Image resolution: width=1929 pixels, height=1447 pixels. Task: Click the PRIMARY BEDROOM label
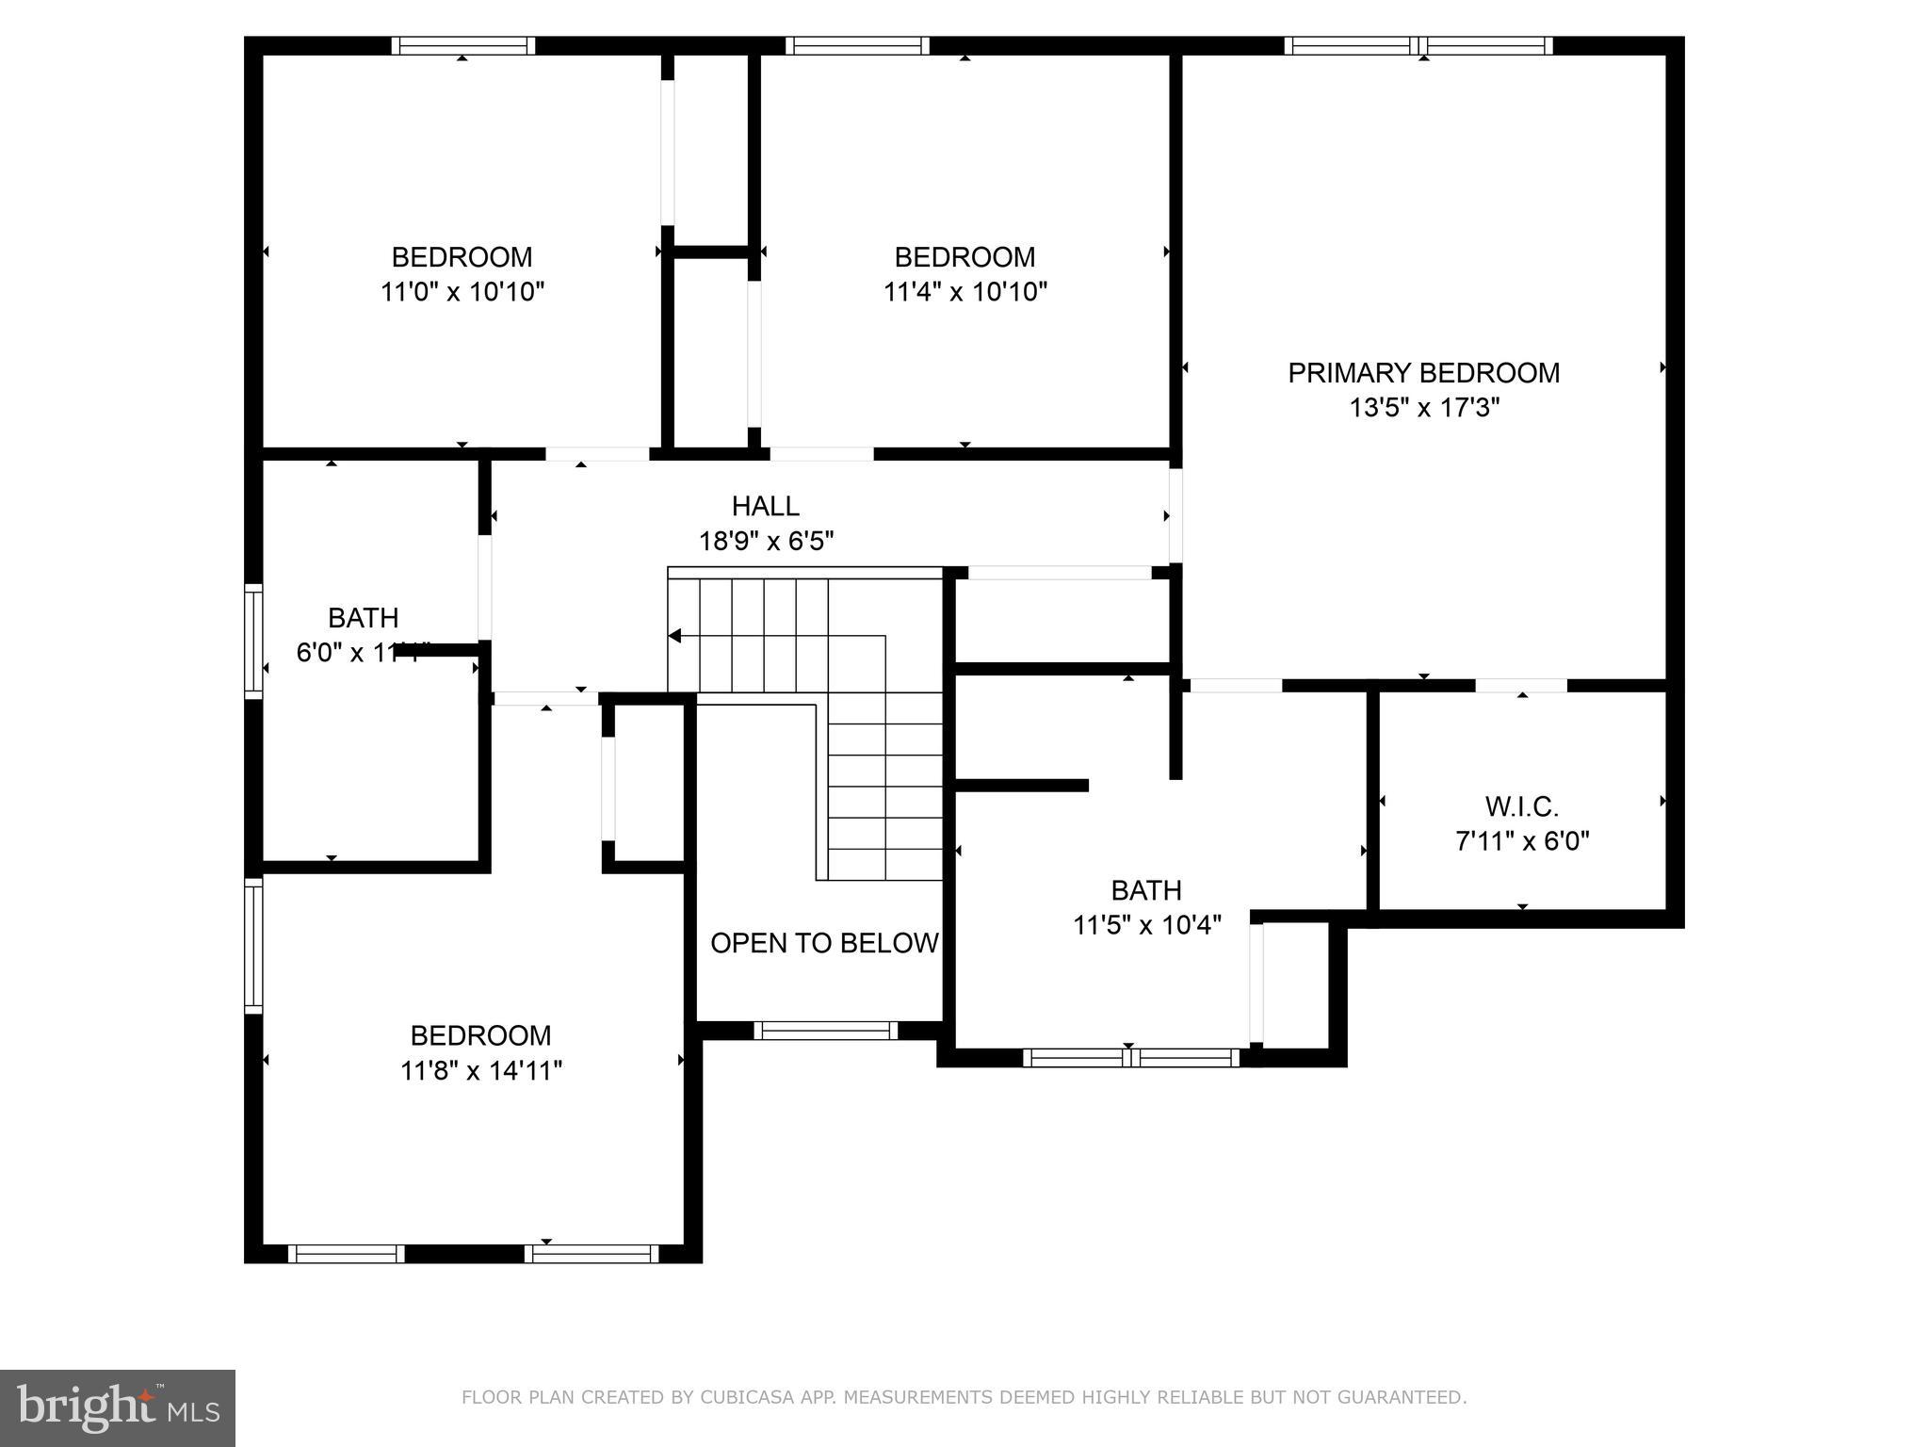pos(1423,373)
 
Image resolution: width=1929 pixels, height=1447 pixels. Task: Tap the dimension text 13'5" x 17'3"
pos(1423,408)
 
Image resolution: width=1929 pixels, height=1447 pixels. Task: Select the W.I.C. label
pos(1522,806)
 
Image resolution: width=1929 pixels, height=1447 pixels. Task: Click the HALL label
pos(766,506)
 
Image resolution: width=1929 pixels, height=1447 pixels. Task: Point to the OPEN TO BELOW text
pos(824,943)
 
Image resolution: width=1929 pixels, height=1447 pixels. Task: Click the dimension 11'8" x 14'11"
pos(480,1071)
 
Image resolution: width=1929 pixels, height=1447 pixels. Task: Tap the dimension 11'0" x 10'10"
pos(462,292)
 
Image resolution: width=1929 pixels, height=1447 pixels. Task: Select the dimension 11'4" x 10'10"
pos(964,292)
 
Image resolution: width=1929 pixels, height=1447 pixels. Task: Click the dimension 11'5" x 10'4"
pos(1146,925)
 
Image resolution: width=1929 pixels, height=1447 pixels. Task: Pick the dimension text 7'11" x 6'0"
pos(1522,841)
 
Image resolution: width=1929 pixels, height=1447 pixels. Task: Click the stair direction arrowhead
pos(674,636)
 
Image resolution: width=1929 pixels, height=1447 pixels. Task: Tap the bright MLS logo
pos(118,1408)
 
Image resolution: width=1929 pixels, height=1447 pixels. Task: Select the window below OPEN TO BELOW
pos(826,1031)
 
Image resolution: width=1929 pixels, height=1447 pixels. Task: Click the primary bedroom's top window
pos(1418,45)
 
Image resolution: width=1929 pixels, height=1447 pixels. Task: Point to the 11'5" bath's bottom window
pos(1130,1058)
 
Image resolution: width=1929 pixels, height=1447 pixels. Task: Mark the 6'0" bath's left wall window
pos(253,641)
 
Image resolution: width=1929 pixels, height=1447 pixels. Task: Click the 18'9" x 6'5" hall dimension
pos(766,542)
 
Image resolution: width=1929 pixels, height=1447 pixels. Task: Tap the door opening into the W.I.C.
pos(1520,685)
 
